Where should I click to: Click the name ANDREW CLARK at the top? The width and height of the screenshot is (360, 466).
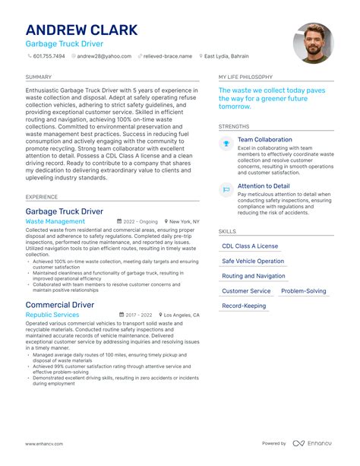pos(82,30)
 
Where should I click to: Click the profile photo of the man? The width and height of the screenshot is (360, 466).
pos(314,43)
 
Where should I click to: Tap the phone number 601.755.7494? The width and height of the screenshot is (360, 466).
pos(49,56)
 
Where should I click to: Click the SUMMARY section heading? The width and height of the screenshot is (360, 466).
pos(38,77)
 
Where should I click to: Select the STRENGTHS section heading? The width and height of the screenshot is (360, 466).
pos(233,126)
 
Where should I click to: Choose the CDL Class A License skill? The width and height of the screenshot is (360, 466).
pos(250,246)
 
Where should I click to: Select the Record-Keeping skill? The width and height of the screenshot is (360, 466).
pos(244,306)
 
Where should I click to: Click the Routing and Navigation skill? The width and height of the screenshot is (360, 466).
pos(254,276)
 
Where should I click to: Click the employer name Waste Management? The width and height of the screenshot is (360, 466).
pos(55,222)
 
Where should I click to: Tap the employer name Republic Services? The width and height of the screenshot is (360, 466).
pos(52,315)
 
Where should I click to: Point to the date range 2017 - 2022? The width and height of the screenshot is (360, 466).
pos(139,315)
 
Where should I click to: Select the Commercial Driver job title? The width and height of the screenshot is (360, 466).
pos(60,304)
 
